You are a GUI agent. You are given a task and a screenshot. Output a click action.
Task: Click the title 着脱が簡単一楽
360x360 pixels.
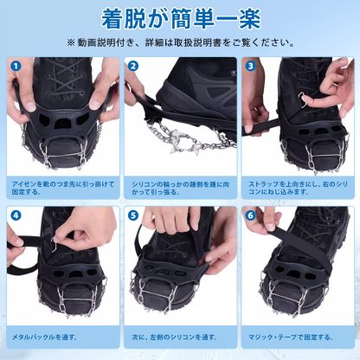click(180, 17)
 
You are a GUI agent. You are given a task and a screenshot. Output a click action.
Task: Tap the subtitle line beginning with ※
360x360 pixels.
click(180, 42)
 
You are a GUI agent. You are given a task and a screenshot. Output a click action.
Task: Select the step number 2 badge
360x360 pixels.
click(132, 66)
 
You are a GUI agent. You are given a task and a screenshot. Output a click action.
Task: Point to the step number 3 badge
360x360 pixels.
click(249, 66)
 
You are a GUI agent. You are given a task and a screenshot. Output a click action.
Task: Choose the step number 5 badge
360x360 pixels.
click(132, 214)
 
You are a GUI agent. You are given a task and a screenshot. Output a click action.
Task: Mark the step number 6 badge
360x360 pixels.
click(249, 214)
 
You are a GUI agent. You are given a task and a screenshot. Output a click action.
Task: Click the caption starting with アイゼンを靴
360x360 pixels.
click(61, 189)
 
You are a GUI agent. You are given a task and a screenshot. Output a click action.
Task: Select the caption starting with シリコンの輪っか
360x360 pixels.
click(177, 189)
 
